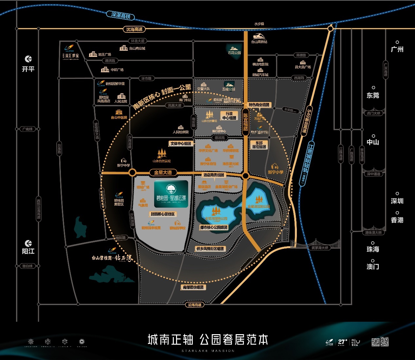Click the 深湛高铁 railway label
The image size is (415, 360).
point(121,15)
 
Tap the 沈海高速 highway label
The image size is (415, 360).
point(134,29)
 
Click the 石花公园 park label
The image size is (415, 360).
point(234,52)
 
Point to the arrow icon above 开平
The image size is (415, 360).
point(28,59)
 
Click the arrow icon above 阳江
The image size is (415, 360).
point(28,243)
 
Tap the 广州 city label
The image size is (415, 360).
point(397,49)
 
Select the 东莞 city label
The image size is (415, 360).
point(373,95)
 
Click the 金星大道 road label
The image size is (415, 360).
point(163,172)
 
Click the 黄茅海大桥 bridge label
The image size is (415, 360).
point(320,248)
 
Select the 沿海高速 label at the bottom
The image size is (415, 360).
point(194,305)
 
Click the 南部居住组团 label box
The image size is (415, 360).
point(193,287)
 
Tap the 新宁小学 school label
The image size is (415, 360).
point(276,172)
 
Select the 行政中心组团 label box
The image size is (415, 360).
point(229,116)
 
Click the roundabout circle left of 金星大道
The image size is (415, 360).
point(132,172)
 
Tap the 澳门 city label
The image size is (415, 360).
point(373,267)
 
